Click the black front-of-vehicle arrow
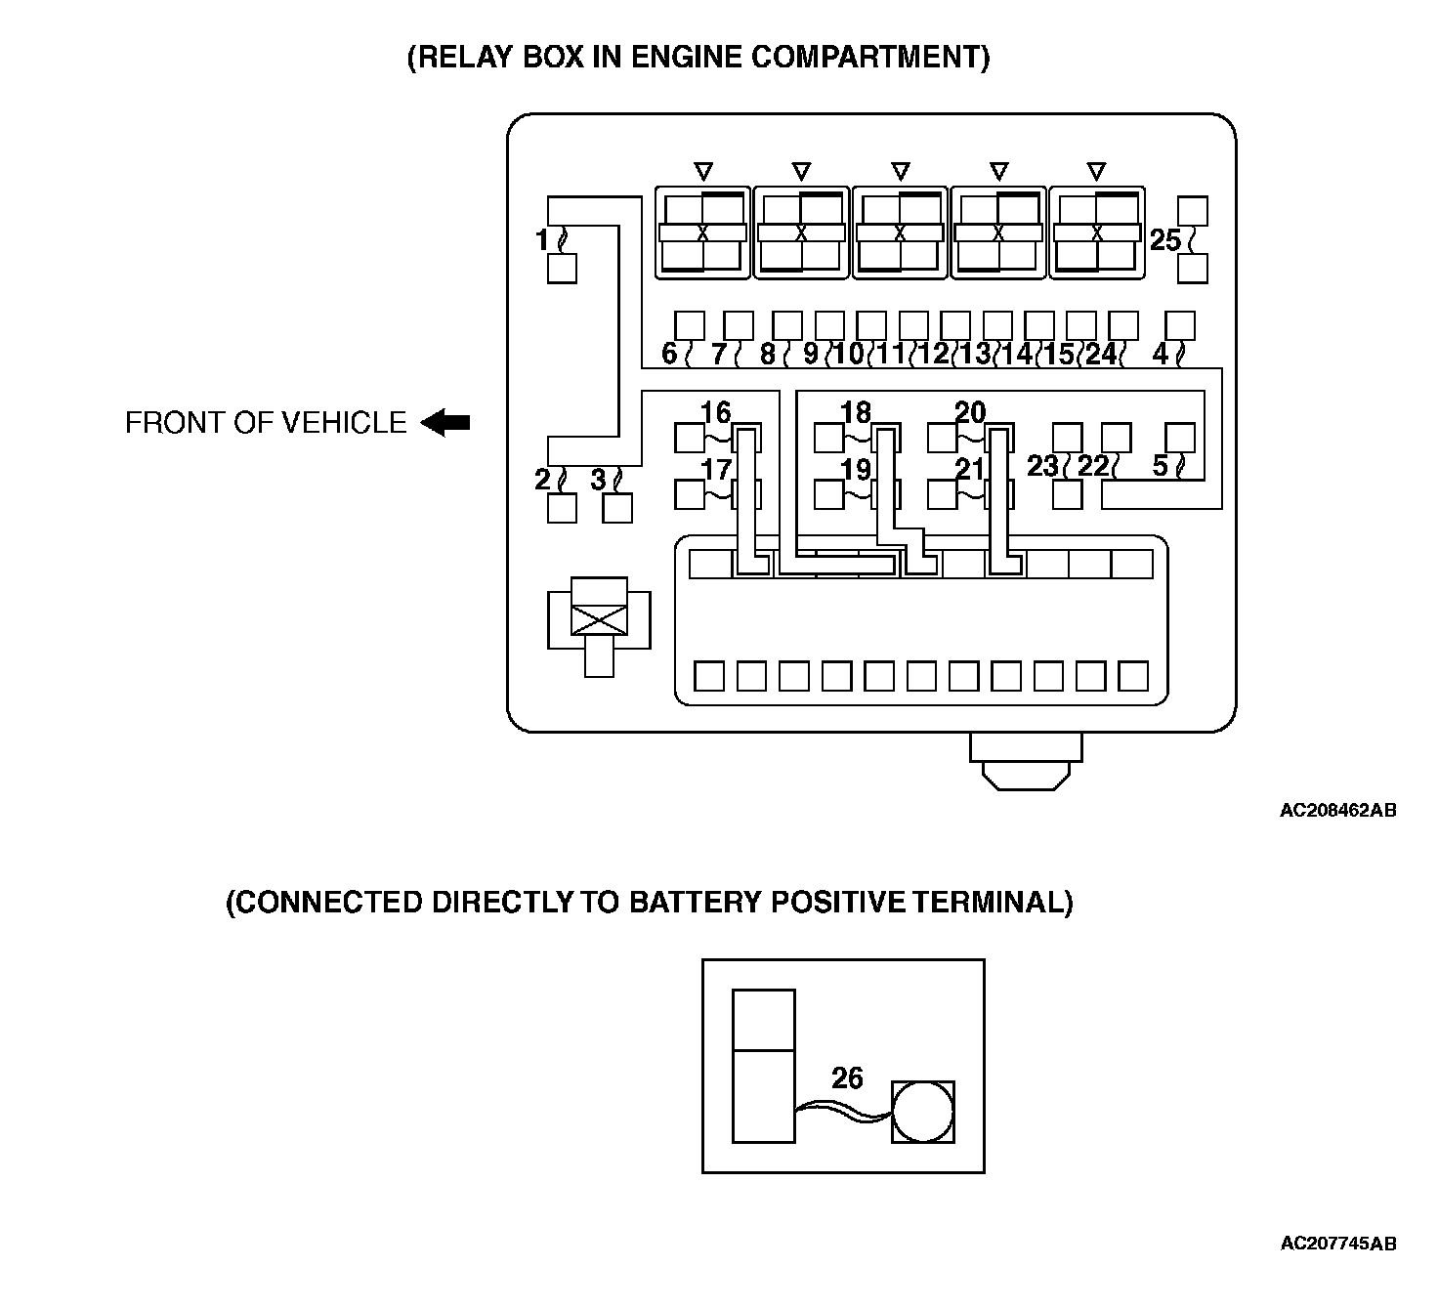click(x=446, y=423)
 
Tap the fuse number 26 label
click(x=847, y=1077)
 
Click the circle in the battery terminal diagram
click(x=922, y=1112)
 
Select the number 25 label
click(x=1164, y=239)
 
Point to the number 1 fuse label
click(x=543, y=238)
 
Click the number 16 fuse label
click(x=715, y=412)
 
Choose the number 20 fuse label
click(x=970, y=412)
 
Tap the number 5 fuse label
click(x=1160, y=466)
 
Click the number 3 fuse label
click(x=599, y=480)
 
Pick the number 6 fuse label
click(x=669, y=354)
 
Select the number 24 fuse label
click(x=1101, y=354)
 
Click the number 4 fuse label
click(x=1160, y=354)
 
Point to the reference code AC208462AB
click(x=1337, y=810)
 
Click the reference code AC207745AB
click(x=1337, y=1244)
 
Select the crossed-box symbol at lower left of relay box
click(x=598, y=618)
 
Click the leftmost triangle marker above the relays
click(x=702, y=171)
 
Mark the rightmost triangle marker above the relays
click(x=1096, y=171)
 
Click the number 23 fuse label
click(x=1042, y=466)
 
